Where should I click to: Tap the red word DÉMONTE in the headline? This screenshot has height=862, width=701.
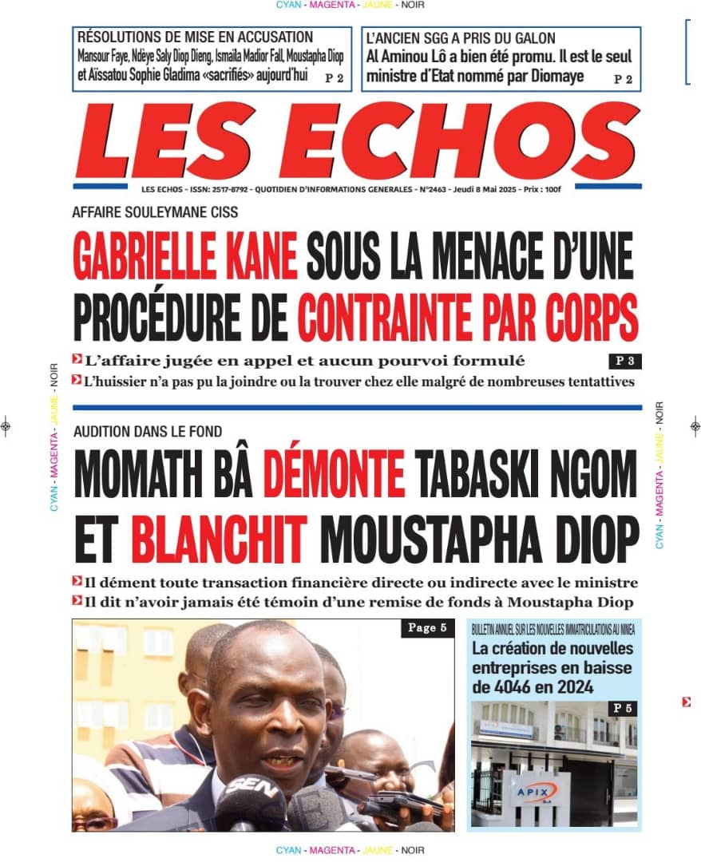tap(333, 473)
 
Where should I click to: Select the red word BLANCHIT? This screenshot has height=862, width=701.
tap(218, 540)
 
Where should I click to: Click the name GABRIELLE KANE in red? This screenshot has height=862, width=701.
tap(184, 255)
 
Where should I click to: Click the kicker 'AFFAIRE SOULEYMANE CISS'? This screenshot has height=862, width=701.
tap(155, 212)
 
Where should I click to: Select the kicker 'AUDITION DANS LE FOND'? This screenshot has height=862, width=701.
tap(148, 432)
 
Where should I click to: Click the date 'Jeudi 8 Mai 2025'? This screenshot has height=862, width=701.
tap(486, 190)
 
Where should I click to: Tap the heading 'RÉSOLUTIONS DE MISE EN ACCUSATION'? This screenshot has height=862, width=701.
tap(196, 37)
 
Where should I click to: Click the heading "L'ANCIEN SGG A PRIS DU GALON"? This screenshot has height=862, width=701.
tap(461, 38)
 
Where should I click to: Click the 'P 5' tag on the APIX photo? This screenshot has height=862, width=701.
tap(623, 708)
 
